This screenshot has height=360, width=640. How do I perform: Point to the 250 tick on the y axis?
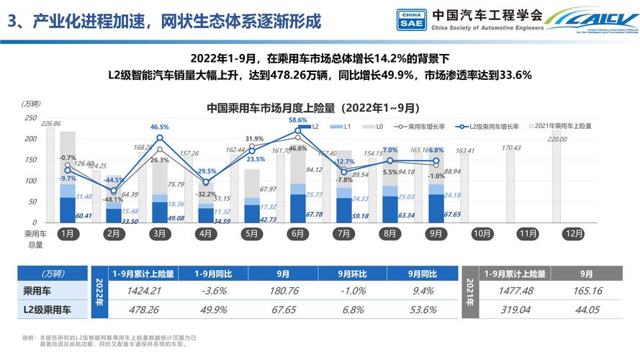point(30,118)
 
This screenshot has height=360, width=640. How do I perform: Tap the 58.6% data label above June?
point(298,120)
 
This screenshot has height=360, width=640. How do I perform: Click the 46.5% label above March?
point(160,127)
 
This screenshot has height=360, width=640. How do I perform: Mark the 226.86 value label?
point(51,124)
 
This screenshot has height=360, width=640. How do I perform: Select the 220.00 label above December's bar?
point(556,140)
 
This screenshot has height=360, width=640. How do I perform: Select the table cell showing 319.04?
point(515,308)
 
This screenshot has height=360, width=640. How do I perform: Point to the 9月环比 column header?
point(353,274)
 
